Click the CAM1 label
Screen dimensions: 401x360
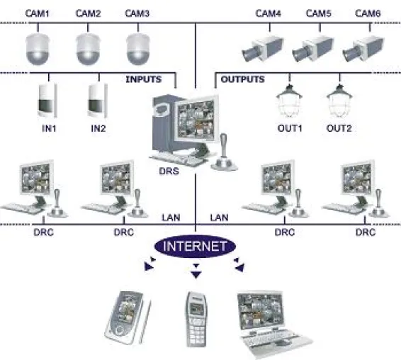click(x=37, y=13)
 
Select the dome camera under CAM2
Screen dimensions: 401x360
click(x=88, y=49)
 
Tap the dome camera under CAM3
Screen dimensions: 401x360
click(x=138, y=49)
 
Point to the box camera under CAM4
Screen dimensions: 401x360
click(x=263, y=49)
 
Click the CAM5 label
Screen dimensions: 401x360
click(x=318, y=13)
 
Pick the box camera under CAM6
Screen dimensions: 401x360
click(x=363, y=49)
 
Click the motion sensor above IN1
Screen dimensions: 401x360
click(x=47, y=101)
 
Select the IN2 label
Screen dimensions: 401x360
click(x=98, y=128)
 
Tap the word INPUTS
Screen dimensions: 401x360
click(x=144, y=79)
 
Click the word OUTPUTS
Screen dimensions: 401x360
click(x=242, y=79)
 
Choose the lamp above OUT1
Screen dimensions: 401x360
click(x=289, y=101)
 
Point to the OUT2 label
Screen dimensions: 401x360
click(x=339, y=128)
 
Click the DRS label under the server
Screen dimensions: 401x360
click(x=169, y=171)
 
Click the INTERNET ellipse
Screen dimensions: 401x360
click(x=195, y=246)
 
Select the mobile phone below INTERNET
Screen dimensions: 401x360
click(x=196, y=320)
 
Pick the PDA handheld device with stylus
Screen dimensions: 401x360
click(x=128, y=317)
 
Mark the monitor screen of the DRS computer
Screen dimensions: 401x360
click(x=196, y=120)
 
